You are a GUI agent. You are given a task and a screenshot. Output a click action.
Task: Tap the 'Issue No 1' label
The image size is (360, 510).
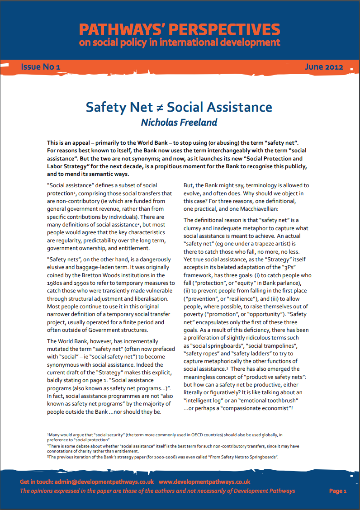(40, 67)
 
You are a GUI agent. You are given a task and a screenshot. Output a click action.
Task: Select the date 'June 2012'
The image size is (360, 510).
(324, 67)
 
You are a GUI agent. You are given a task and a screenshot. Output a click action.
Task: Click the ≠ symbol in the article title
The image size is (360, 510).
(160, 108)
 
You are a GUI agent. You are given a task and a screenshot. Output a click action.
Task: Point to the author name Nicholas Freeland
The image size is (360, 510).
(179, 122)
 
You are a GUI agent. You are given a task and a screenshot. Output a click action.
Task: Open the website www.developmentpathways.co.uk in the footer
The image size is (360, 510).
(204, 482)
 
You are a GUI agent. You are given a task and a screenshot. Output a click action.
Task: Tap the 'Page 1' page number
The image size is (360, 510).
(337, 491)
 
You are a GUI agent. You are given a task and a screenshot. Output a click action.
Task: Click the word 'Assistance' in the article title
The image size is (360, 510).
(239, 108)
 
